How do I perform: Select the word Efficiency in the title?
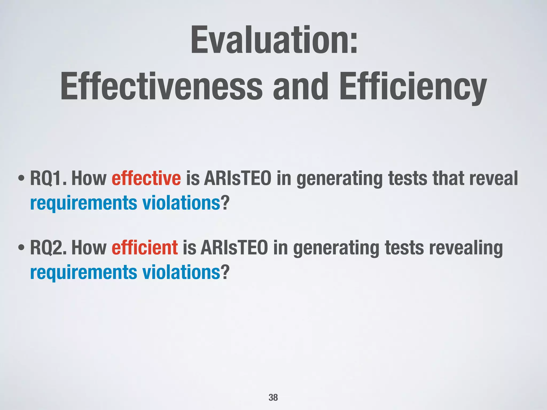[x=413, y=87]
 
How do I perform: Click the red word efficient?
[x=144, y=247]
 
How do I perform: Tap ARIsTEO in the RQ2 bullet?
[x=234, y=247]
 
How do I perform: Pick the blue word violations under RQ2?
[x=181, y=272]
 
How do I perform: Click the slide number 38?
[x=273, y=397]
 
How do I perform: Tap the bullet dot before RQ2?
[x=21, y=247]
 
